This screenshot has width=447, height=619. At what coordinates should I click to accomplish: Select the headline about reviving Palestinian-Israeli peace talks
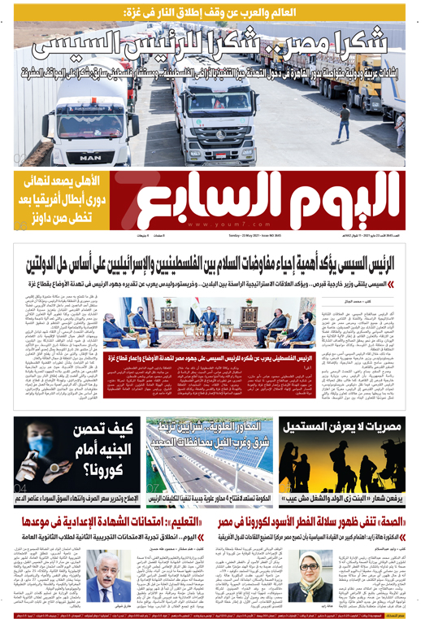223,264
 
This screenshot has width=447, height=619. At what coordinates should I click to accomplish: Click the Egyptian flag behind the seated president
200,308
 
